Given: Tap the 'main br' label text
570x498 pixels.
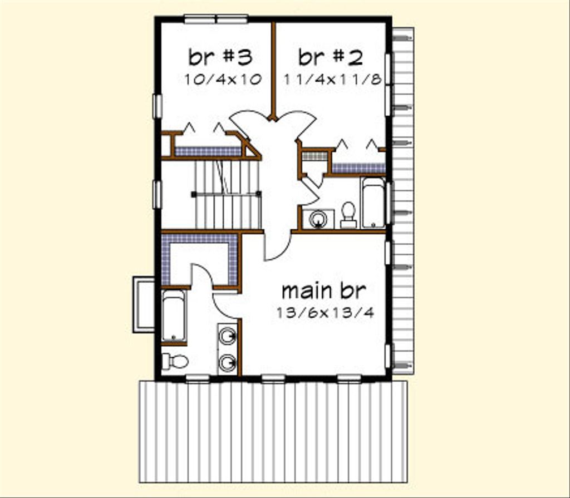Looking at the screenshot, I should pyautogui.click(x=323, y=290).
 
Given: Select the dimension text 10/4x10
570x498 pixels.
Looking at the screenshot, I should pyautogui.click(x=223, y=79).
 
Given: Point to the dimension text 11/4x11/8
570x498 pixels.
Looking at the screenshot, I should pyautogui.click(x=332, y=79).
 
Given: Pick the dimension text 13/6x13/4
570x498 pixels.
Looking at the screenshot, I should pyautogui.click(x=325, y=313).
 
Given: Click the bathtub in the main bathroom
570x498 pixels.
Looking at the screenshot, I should pyautogui.click(x=174, y=315).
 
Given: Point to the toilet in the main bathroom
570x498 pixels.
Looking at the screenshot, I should pyautogui.click(x=175, y=361).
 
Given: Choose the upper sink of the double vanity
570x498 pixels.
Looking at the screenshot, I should pyautogui.click(x=227, y=335).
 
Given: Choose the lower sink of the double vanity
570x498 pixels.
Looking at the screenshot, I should pyautogui.click(x=227, y=363).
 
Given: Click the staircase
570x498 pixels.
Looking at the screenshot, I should pyautogui.click(x=227, y=195).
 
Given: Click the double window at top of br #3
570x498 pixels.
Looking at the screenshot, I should pyautogui.click(x=216, y=19).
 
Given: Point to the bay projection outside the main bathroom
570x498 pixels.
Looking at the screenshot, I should pyautogui.click(x=144, y=304).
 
